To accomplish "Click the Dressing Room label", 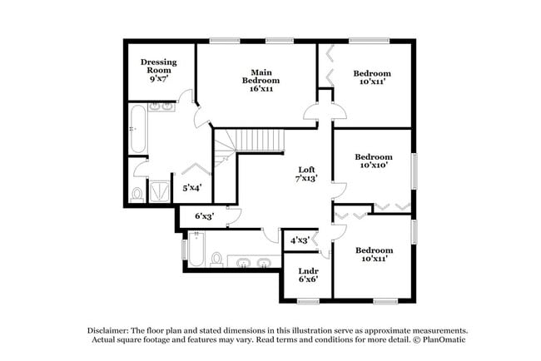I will [x=156, y=66].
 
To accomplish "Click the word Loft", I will [x=306, y=169].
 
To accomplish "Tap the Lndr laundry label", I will [x=306, y=270].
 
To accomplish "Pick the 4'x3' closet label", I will [x=300, y=240].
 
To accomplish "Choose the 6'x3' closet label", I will [x=205, y=216].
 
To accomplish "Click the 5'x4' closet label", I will [x=192, y=189].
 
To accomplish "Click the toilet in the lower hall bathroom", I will [x=216, y=260].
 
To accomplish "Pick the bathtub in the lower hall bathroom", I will [x=196, y=250].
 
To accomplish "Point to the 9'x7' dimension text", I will [x=156, y=79].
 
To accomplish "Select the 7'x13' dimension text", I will [x=306, y=178].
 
